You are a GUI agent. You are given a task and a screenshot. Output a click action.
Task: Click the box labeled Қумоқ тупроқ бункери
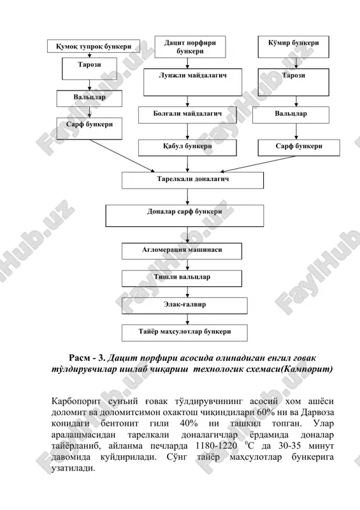click(94, 46)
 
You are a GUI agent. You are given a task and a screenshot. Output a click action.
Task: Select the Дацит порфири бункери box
click(190, 47)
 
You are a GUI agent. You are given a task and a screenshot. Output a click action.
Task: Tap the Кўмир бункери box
click(293, 47)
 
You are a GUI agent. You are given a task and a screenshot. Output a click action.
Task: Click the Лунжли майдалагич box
click(192, 82)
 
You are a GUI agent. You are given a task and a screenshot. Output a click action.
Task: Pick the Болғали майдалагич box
click(187, 115)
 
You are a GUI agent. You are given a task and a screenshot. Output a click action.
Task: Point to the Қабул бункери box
click(187, 148)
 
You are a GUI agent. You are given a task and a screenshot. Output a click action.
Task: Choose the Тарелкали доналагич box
click(192, 180)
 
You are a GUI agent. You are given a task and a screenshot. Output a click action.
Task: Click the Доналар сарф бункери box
click(184, 215)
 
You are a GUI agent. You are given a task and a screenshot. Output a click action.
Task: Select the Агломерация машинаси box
click(182, 251)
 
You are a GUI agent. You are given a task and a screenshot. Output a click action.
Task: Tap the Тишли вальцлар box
click(182, 279)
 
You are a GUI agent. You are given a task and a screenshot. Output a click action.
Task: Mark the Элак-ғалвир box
click(184, 306)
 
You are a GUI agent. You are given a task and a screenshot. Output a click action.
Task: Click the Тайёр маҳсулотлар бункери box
click(184, 333)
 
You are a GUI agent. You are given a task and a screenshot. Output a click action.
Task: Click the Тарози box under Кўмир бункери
click(293, 82)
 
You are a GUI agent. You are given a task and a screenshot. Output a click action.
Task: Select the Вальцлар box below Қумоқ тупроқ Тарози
click(89, 99)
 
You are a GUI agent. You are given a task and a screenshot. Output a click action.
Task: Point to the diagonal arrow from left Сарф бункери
click(122, 156)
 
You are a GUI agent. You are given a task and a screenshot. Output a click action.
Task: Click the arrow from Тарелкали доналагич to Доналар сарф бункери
click(187, 197)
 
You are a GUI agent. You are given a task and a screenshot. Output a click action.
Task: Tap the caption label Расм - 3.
click(87, 358)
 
